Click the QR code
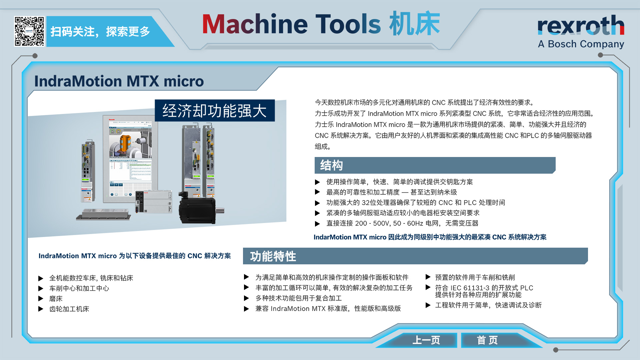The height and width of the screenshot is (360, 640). (29, 31)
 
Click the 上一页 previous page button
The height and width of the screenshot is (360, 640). (426, 340)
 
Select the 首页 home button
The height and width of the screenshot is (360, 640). (487, 340)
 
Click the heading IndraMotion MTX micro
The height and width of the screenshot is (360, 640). (119, 81)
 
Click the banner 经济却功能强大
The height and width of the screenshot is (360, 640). (215, 110)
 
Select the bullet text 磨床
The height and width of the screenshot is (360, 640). (56, 299)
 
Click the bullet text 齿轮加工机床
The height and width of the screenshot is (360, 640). (69, 309)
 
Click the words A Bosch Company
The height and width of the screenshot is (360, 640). (581, 44)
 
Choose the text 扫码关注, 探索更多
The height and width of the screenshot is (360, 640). (100, 32)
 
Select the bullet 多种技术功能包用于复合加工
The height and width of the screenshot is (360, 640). (299, 298)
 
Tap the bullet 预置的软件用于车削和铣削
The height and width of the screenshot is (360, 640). (475, 277)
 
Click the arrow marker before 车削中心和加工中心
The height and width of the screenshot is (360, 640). (41, 288)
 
